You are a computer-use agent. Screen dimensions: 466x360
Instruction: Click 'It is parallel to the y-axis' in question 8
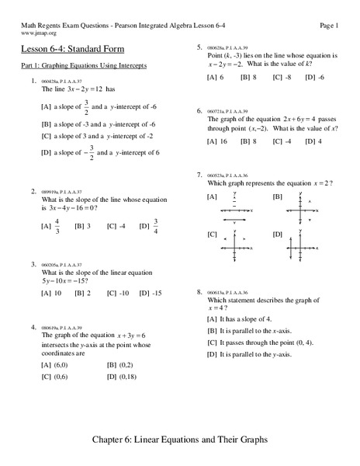(249, 353)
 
